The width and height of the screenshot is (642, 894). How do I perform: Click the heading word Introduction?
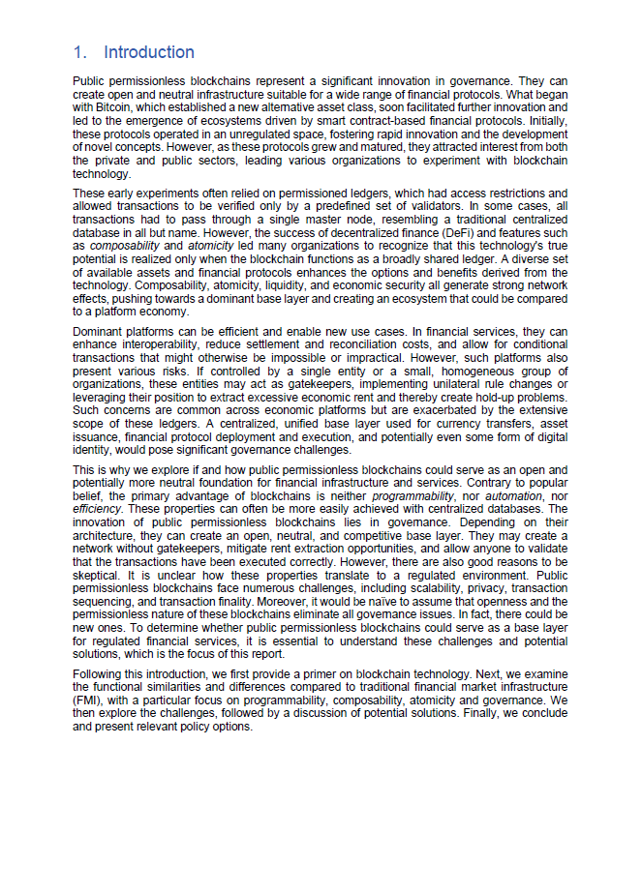click(x=149, y=52)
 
